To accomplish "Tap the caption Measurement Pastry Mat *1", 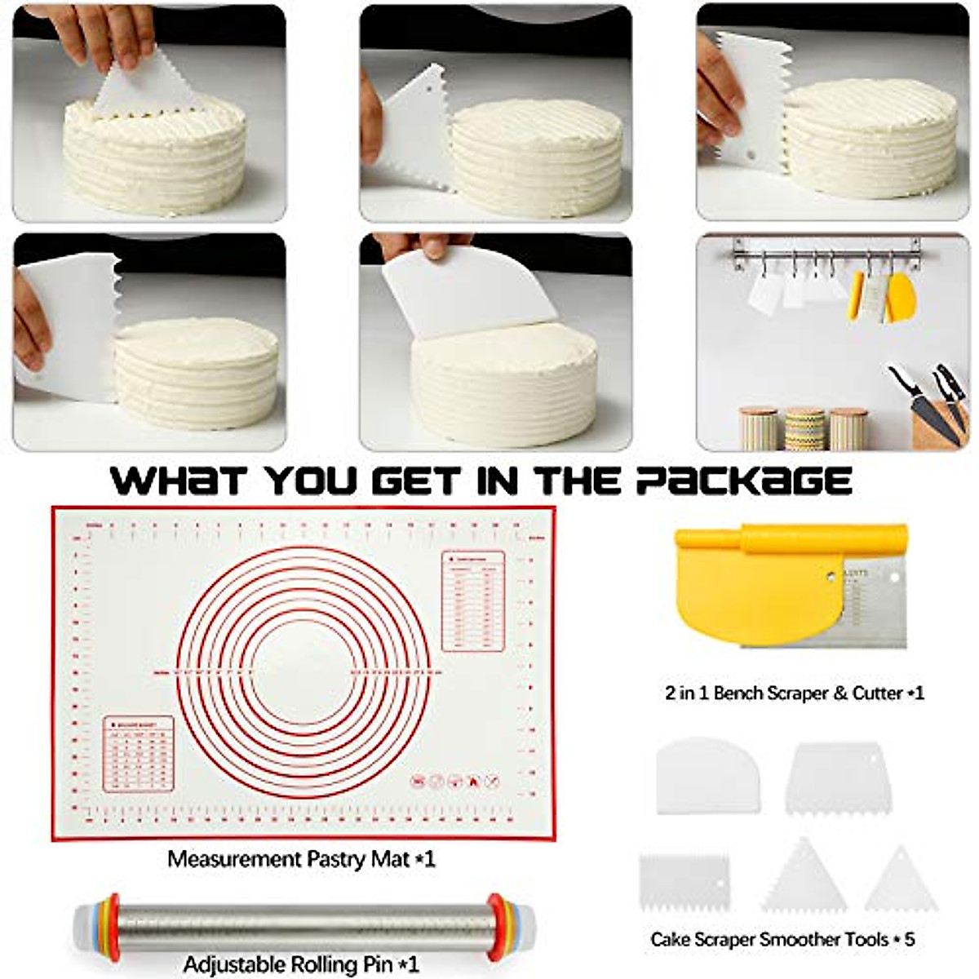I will pyautogui.click(x=301, y=859).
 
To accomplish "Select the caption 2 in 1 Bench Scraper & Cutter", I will pyautogui.click(x=794, y=693).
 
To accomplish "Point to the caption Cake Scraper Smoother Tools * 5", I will pyautogui.click(x=782, y=939).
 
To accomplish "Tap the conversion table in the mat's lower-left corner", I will pyautogui.click(x=139, y=754).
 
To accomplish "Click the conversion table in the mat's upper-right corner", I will pyautogui.click(x=473, y=600).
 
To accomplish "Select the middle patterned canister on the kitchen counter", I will pyautogui.click(x=805, y=429).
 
